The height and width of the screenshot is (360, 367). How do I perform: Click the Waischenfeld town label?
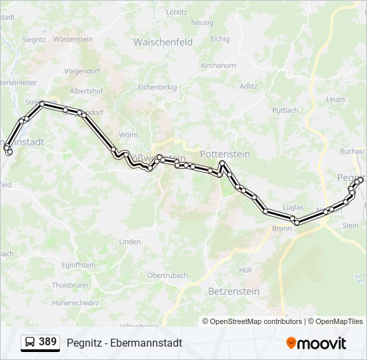163,42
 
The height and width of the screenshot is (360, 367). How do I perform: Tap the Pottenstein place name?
225,154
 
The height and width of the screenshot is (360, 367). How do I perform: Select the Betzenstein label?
234,291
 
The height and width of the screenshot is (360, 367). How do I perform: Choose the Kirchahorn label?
218,66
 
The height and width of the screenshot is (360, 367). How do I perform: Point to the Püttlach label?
285,110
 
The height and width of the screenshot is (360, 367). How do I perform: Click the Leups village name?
336,99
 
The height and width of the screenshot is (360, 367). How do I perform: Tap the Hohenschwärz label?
75,302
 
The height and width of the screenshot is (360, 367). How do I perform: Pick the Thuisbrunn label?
70,285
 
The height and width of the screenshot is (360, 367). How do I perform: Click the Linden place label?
130,241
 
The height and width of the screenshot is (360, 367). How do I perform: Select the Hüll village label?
245,270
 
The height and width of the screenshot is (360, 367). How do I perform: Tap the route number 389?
47,342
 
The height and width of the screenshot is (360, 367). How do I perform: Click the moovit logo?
316,343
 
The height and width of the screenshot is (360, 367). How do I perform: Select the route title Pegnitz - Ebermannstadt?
124,343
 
